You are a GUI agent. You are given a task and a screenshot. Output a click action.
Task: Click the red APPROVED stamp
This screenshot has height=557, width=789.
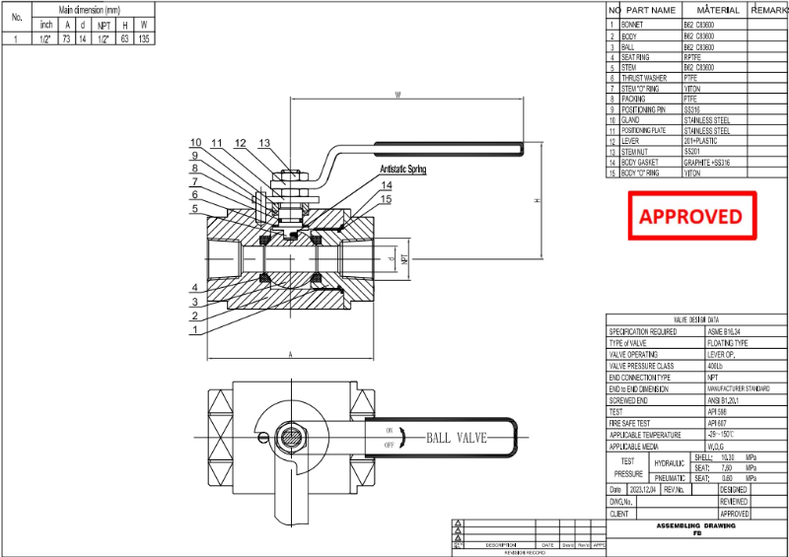click(693, 216)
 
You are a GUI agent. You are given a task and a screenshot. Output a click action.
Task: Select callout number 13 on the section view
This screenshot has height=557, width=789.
click(263, 143)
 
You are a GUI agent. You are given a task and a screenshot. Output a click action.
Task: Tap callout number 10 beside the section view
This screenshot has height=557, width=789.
click(195, 143)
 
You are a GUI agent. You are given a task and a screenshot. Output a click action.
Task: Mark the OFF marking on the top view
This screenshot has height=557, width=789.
click(390, 446)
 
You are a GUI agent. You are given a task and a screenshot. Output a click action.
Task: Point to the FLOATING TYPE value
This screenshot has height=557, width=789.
click(730, 343)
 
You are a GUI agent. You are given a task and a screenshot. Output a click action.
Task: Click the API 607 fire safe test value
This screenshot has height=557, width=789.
click(717, 423)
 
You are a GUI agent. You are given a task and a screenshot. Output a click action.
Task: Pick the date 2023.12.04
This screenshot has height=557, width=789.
click(644, 489)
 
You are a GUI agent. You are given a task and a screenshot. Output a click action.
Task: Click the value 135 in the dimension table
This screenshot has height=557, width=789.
click(144, 38)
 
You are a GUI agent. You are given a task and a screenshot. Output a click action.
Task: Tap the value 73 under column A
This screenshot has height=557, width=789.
click(67, 38)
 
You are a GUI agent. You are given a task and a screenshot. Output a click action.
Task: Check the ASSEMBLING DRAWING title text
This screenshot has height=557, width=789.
click(696, 525)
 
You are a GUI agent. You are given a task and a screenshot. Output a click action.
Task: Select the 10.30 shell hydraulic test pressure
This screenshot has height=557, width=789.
click(730, 456)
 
